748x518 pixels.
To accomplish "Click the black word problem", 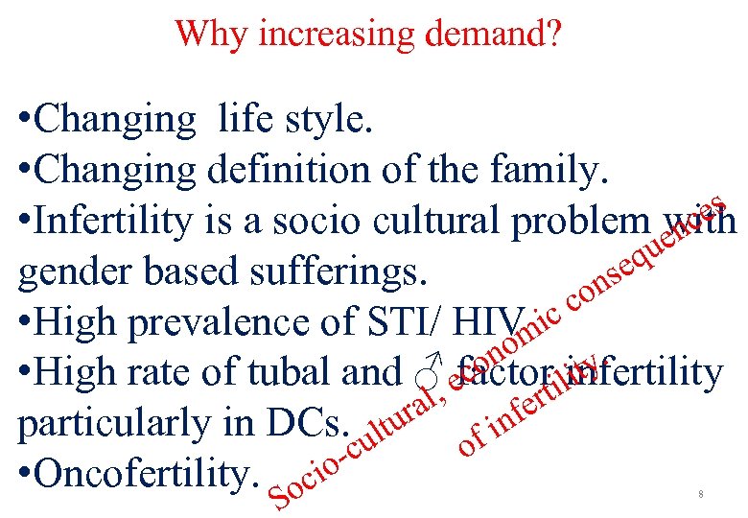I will coord(579,222).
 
